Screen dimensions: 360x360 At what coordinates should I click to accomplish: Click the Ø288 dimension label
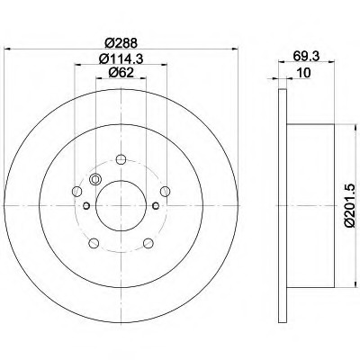(121, 43)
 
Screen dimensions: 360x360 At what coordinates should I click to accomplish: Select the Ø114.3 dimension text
(121, 58)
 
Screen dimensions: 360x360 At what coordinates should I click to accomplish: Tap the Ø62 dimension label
(121, 72)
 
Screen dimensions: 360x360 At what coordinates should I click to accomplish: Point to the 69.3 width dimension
(306, 56)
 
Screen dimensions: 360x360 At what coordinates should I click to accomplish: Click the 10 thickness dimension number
(304, 73)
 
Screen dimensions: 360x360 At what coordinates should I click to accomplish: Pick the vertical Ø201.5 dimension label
(350, 205)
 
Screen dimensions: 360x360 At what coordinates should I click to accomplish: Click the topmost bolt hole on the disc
(121, 159)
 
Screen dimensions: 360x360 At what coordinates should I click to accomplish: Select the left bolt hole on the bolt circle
(76, 191)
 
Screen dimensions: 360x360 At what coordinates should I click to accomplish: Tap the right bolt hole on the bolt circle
(165, 191)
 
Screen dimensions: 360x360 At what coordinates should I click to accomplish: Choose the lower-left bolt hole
(94, 243)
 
